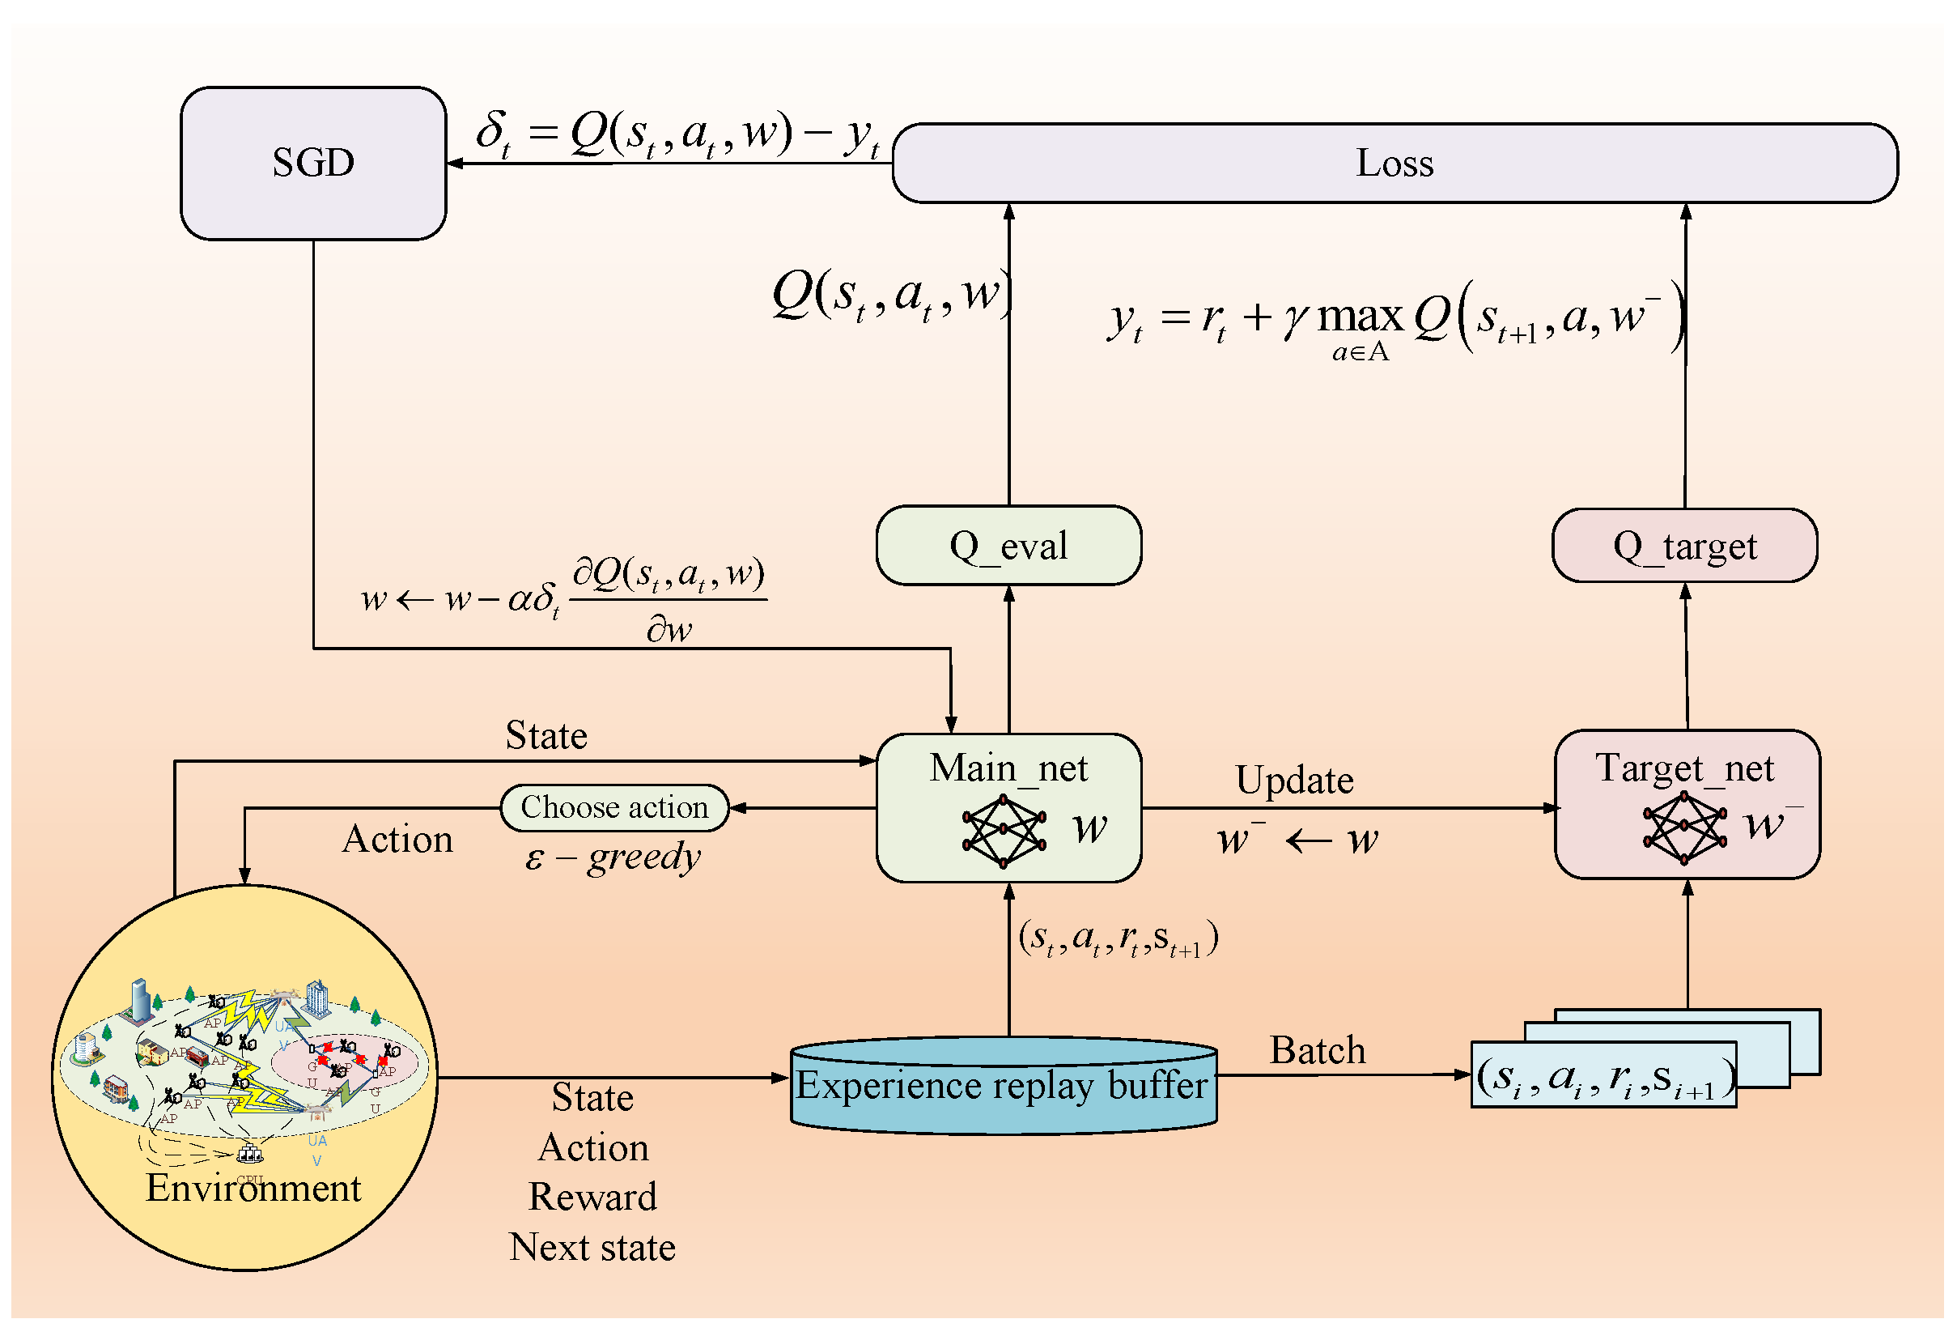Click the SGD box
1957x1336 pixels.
click(312, 163)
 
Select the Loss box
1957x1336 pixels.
click(1394, 163)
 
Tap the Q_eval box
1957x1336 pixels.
click(1008, 546)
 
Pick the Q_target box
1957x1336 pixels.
click(1684, 546)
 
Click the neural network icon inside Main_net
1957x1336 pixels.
click(1003, 830)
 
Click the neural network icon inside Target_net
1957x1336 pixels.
click(1683, 828)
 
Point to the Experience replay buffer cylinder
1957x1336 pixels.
click(1002, 1085)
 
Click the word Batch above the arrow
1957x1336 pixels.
click(1317, 1050)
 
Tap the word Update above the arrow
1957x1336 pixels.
click(1293, 780)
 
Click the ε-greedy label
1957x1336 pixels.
click(612, 857)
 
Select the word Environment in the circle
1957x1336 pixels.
click(253, 1188)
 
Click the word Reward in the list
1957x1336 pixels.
click(592, 1197)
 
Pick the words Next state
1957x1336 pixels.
click(592, 1248)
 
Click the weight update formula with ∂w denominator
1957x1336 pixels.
click(564, 599)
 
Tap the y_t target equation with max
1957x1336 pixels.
click(1394, 320)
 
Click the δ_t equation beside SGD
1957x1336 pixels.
click(678, 134)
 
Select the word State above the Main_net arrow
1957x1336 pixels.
click(545, 735)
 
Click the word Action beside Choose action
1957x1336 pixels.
click(397, 840)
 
